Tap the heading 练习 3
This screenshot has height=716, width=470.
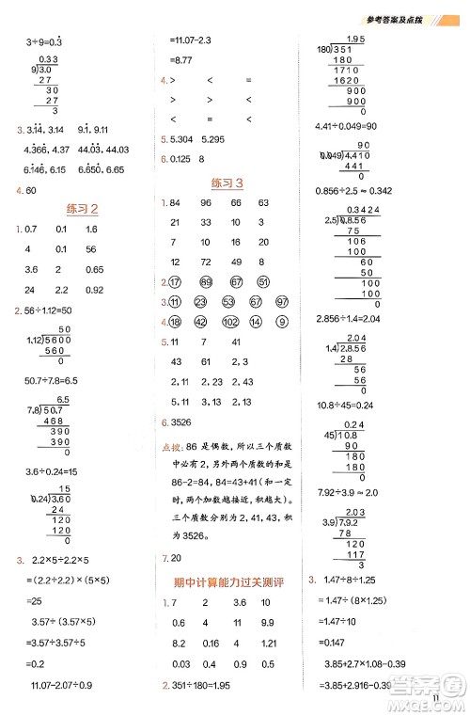pyautogui.click(x=227, y=183)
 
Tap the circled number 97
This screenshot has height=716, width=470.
pyautogui.click(x=281, y=302)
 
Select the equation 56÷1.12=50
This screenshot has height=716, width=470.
pyautogui.click(x=55, y=311)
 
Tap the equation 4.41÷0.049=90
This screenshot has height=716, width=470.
pyautogui.click(x=347, y=125)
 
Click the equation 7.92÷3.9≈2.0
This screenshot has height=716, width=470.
pyautogui.click(x=342, y=491)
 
